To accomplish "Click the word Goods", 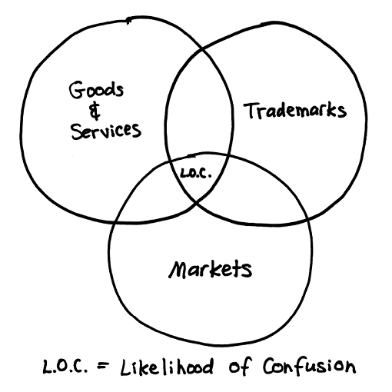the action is point(96,90).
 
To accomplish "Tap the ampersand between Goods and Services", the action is point(95,111).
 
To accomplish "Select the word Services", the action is point(106,131).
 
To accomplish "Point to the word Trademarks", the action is point(295,111).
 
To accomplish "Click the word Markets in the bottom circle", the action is point(210,269).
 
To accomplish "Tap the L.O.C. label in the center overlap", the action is point(196,173).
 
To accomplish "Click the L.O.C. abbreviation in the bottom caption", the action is point(65,366).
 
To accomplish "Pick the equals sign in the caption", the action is point(103,367).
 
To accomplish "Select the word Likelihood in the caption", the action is point(167,367).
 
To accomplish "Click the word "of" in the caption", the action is point(240,366).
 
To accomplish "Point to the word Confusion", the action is point(309,366).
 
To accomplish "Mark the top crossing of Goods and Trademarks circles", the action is point(202,49).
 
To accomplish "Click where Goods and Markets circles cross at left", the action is point(115,222).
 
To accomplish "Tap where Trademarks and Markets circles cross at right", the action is point(307,220).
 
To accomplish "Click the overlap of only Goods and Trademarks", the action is point(199,108).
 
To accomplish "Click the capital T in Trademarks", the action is point(252,111).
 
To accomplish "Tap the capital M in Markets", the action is point(178,270).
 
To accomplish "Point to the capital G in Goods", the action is point(77,90).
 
